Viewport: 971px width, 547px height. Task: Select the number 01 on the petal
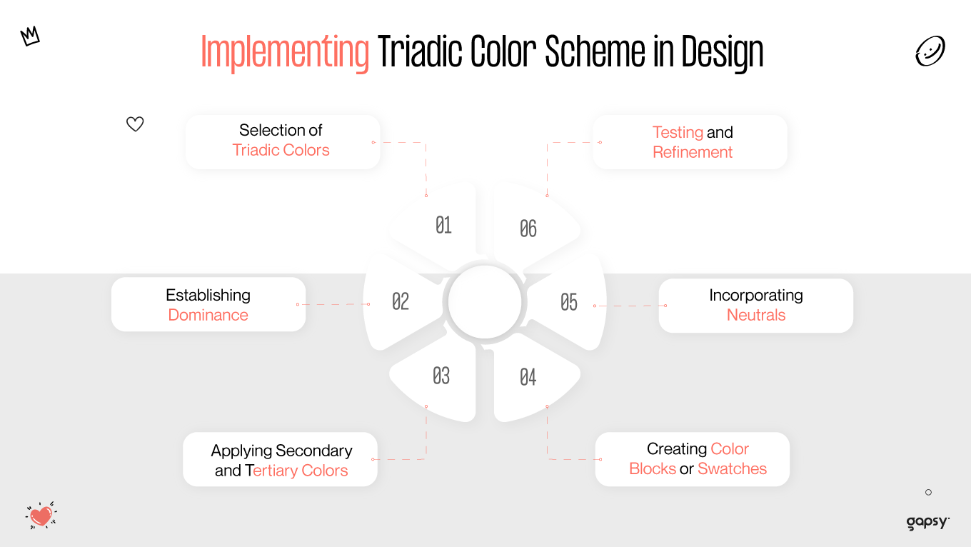click(x=443, y=226)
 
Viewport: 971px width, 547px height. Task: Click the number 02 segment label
click(x=401, y=301)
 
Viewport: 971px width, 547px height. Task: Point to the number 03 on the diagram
click(x=441, y=376)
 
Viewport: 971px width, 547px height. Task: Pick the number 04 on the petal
click(x=528, y=377)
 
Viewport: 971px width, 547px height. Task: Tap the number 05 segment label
click(x=569, y=302)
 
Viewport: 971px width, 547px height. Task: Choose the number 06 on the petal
click(x=528, y=229)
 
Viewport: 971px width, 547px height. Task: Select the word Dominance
click(x=208, y=315)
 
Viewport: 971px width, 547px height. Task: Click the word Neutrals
click(x=755, y=315)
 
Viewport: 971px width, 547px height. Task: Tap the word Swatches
click(x=732, y=468)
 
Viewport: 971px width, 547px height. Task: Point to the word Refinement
click(x=693, y=152)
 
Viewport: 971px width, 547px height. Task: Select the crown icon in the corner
click(x=30, y=36)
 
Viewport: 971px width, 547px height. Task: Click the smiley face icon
click(x=930, y=52)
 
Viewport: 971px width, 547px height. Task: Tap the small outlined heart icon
click(x=135, y=124)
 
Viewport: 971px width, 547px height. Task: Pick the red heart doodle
click(x=41, y=515)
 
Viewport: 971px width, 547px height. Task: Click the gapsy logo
click(x=927, y=522)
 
